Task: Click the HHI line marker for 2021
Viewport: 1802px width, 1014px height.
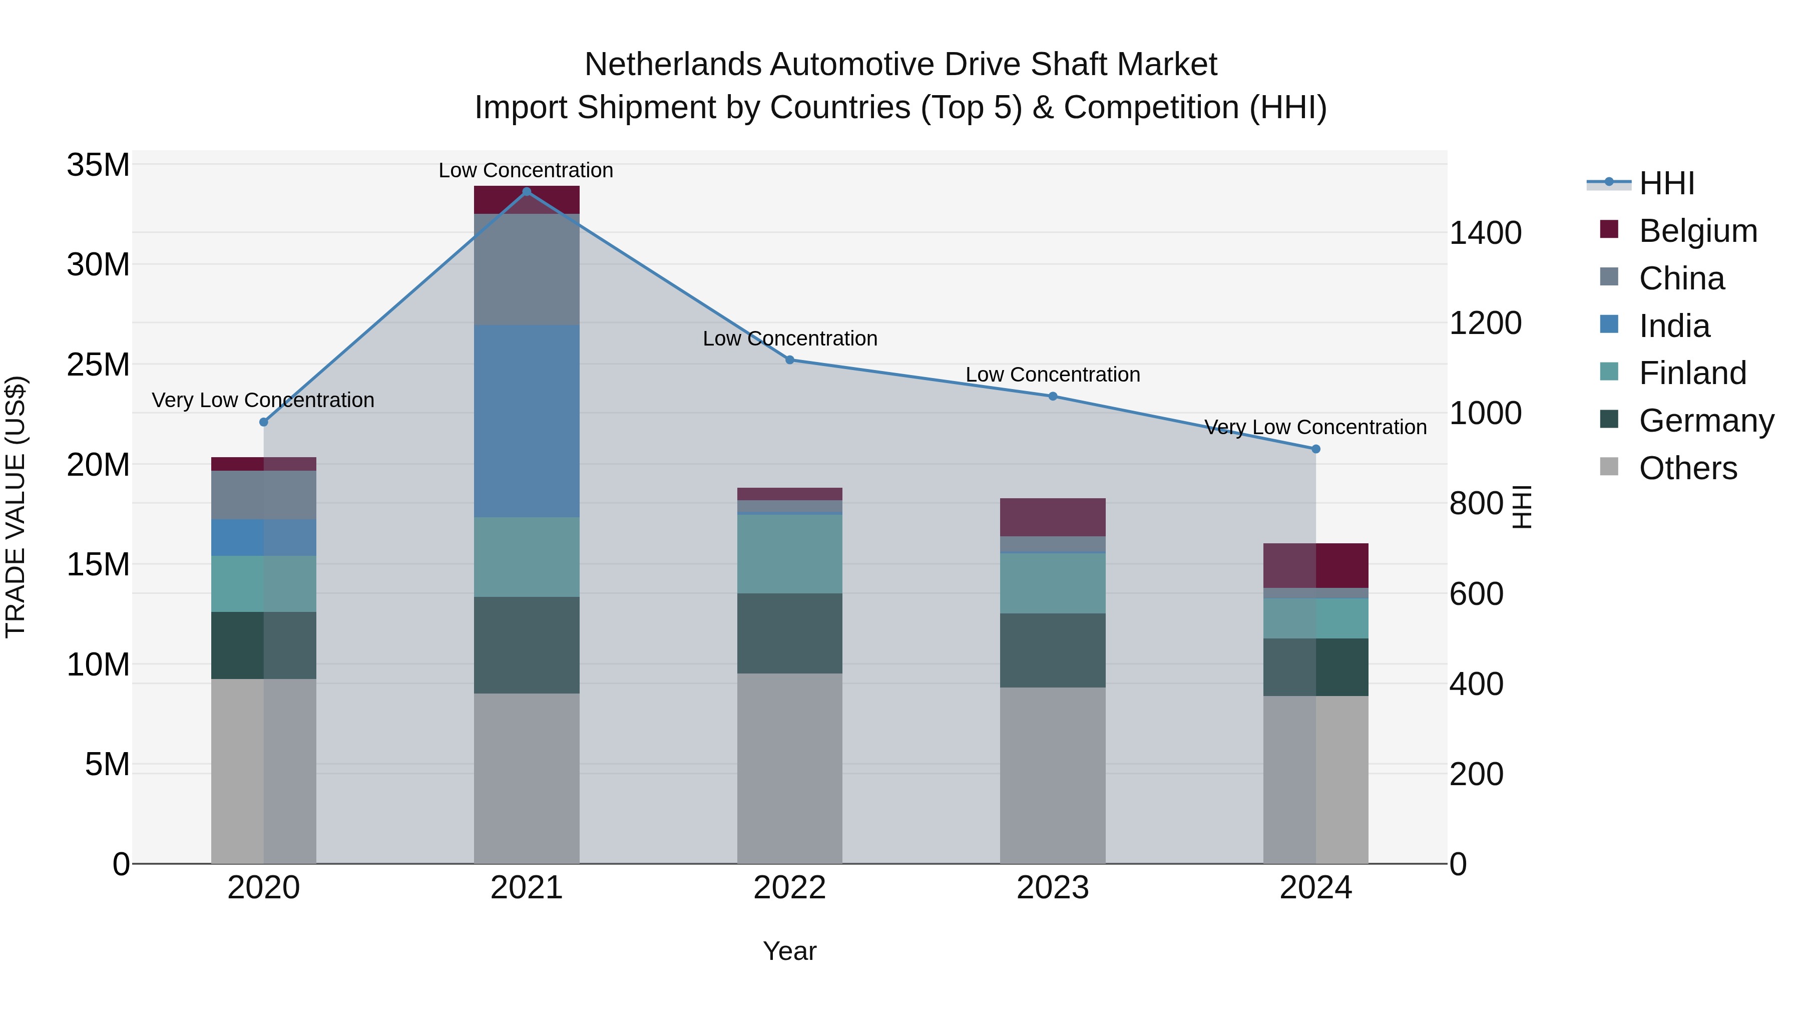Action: (527, 191)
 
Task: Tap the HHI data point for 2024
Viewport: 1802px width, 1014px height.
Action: (1316, 449)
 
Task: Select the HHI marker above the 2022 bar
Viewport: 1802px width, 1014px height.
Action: (790, 360)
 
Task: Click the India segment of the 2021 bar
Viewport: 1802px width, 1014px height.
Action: (527, 421)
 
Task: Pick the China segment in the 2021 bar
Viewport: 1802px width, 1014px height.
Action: (527, 269)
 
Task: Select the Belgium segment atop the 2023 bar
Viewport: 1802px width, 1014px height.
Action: (1053, 517)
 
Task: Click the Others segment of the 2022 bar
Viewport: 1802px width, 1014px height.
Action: (790, 768)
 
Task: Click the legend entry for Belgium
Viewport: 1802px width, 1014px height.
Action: (1698, 231)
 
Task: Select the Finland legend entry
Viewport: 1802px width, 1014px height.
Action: (1692, 373)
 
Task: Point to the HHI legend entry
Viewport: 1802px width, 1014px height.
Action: (1666, 183)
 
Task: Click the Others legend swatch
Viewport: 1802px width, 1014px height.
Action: (1609, 467)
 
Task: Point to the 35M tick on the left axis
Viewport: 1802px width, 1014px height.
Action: (98, 165)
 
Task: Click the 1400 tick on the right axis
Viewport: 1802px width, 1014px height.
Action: (1485, 232)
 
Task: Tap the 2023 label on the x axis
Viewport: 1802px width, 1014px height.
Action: (1053, 887)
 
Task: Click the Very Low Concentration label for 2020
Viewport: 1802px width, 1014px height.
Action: (263, 400)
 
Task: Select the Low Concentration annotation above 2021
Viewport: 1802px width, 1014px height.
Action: (526, 170)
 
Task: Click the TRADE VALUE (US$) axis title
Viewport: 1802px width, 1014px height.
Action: (16, 507)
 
